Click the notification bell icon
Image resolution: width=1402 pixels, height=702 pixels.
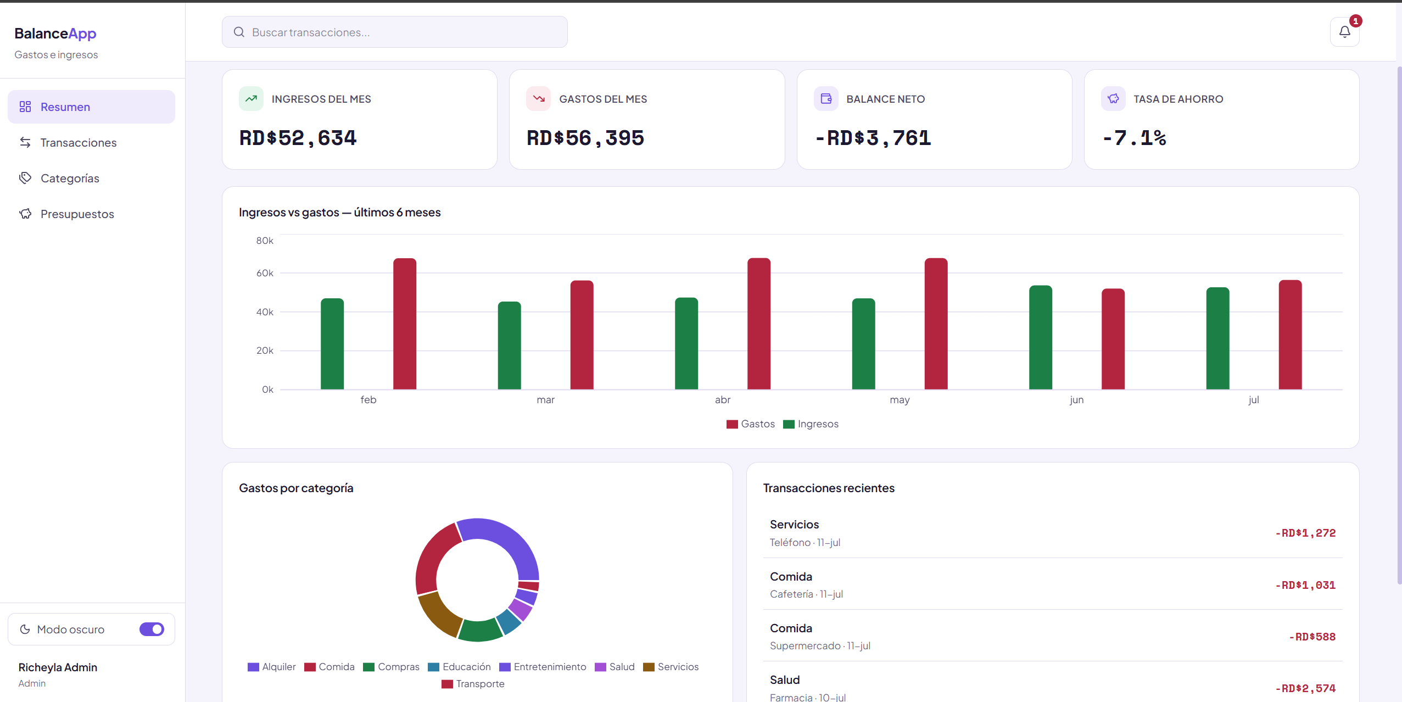[1344, 32]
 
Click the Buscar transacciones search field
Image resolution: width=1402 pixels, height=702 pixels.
[394, 32]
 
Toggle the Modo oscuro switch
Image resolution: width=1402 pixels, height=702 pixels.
[152, 629]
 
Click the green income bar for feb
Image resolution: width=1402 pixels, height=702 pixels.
[332, 344]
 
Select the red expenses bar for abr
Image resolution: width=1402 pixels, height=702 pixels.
[759, 324]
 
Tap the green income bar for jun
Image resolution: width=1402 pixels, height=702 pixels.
[1041, 337]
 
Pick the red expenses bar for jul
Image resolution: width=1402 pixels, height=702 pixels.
[1290, 335]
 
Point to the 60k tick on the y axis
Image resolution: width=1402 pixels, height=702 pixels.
[265, 273]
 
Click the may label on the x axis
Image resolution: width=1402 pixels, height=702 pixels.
[900, 400]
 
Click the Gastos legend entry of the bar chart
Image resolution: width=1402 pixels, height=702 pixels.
[750, 424]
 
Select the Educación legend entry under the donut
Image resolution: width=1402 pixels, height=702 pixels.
[459, 667]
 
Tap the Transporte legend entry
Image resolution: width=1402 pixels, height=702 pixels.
[473, 684]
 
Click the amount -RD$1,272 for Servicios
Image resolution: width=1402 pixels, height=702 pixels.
[1305, 533]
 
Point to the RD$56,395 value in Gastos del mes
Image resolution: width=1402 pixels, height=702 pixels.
[585, 138]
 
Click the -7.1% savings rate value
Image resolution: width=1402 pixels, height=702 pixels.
[1135, 138]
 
